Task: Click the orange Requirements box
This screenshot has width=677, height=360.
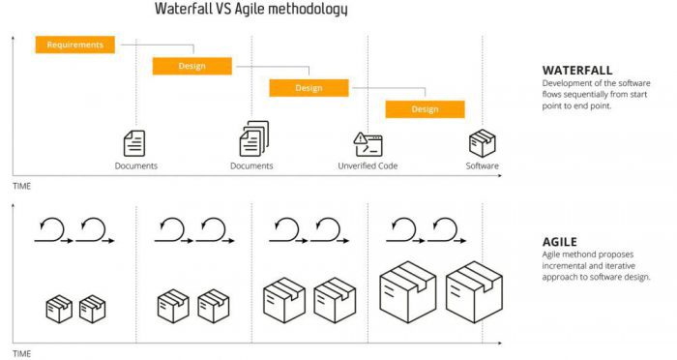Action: pos(75,45)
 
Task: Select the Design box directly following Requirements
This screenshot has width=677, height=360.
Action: pos(191,66)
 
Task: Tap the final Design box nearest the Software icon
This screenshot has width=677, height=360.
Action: pos(425,108)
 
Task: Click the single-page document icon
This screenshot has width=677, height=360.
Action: pos(134,143)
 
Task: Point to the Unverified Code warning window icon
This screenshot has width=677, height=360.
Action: pos(368,144)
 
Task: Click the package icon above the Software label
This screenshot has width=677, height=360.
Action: pos(483,143)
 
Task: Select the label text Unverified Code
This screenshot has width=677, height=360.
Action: pos(368,166)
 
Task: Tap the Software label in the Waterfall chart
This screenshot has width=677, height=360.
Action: pos(483,166)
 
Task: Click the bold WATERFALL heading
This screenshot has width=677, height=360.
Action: pos(578,71)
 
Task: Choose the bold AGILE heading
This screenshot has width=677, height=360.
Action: pos(560,242)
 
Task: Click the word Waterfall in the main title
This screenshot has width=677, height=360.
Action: pos(190,10)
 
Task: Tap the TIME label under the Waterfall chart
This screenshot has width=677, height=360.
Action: pos(21,185)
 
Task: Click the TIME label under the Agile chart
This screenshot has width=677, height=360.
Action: pos(21,354)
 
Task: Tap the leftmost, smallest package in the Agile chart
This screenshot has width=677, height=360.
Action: pos(59,309)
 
